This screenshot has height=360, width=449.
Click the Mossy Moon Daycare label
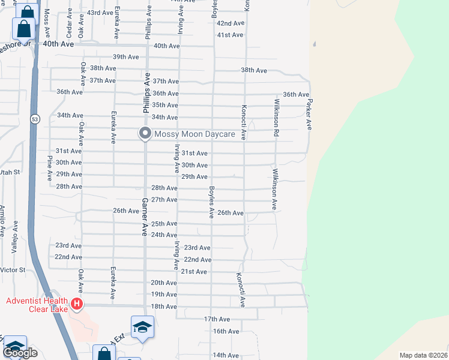point(194,134)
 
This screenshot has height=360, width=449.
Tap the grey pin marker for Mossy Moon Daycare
point(145,133)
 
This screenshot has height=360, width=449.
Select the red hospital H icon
point(76,304)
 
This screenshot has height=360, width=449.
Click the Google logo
point(20,353)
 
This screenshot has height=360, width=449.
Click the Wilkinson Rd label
point(277,118)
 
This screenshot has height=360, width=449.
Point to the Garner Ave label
point(145,217)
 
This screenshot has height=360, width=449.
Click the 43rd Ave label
point(100,13)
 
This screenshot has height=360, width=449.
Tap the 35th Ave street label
point(164,105)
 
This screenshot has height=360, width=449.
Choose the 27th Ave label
point(164,200)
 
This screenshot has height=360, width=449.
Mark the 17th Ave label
point(217,319)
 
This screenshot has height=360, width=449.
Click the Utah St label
point(10,172)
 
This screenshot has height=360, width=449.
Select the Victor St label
point(13,270)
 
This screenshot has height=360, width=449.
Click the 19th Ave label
point(163,295)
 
